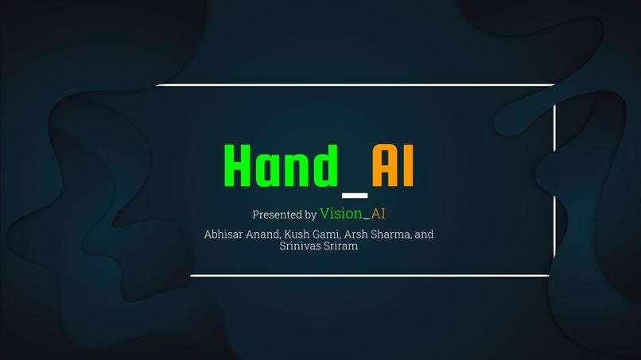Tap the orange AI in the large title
[393, 166]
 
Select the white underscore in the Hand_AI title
[355, 195]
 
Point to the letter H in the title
[239, 166]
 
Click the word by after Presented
[310, 215]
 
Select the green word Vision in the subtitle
[341, 213]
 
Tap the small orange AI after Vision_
[378, 213]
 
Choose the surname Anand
[263, 234]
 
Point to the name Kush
[299, 234]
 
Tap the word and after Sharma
[425, 234]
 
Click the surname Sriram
[341, 246]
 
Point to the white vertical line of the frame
[554, 183]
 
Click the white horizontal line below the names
[370, 275]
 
